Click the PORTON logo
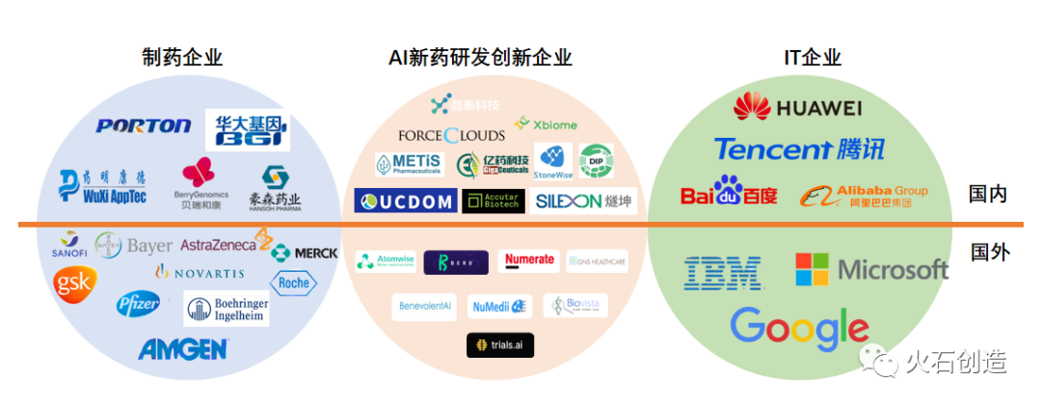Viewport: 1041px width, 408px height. pos(144,125)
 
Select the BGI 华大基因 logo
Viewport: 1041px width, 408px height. pos(247,129)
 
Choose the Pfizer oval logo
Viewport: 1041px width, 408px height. pos(139,306)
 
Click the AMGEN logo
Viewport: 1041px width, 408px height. pos(183,348)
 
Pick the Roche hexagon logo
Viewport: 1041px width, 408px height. pos(292,283)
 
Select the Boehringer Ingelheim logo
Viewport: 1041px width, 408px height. pos(227,309)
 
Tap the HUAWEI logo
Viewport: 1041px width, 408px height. pos(797,107)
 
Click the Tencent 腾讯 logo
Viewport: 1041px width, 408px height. pos(799,149)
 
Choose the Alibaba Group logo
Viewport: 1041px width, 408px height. pos(864,196)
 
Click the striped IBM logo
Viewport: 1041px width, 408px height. pos(723,272)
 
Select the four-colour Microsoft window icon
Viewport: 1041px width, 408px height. pos(812,269)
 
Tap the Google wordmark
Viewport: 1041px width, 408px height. pos(799,328)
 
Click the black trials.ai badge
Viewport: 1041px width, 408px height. pos(499,345)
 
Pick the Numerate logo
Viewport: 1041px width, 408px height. pos(530,260)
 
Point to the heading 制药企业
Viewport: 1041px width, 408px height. pos(182,58)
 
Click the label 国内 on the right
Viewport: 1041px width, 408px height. pos(988,194)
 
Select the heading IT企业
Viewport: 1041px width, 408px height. pos(813,58)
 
